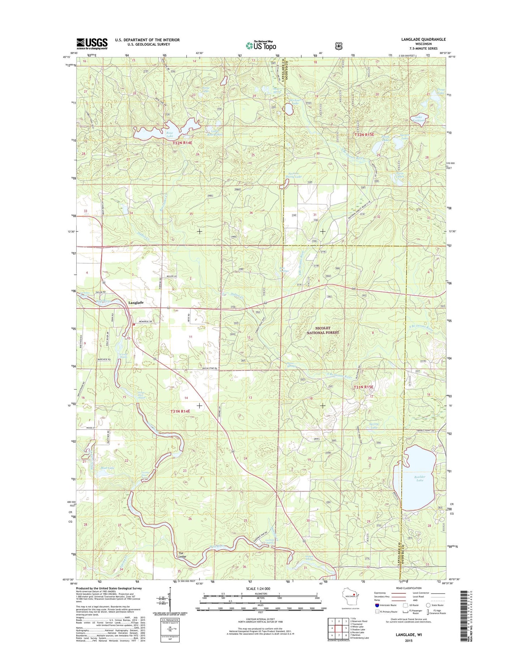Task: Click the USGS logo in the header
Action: click(92, 44)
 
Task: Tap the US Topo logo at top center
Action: click(261, 45)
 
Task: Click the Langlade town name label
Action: click(136, 303)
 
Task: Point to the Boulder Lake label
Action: click(419, 478)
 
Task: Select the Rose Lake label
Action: click(170, 134)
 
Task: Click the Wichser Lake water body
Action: click(289, 109)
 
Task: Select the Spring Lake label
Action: click(374, 426)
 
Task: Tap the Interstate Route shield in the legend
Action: click(377, 605)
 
